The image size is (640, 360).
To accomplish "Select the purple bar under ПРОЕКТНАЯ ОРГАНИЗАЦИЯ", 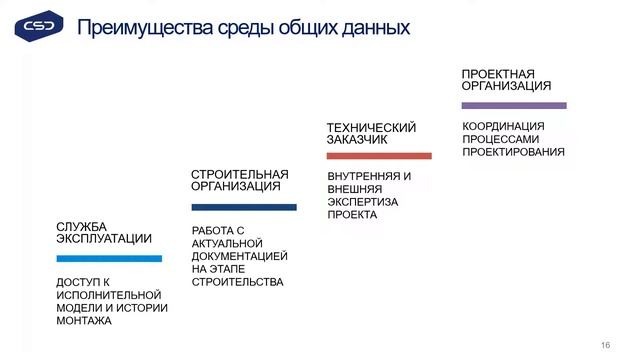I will click(x=514, y=105).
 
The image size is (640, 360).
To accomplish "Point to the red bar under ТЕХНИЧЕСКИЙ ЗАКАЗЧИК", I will click(x=379, y=156).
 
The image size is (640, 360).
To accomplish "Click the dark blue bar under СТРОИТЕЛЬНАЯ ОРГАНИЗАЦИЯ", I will click(x=244, y=208).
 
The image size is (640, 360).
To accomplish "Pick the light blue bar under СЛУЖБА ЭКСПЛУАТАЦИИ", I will click(x=109, y=259).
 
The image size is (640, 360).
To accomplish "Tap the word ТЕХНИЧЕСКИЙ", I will click(x=371, y=127).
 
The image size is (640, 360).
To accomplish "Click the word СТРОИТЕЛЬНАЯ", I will click(x=239, y=174).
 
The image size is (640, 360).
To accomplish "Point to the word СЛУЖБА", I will click(x=81, y=226).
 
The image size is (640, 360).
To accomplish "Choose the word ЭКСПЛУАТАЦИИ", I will click(x=104, y=239).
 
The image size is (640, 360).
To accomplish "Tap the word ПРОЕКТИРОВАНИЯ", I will click(x=513, y=152).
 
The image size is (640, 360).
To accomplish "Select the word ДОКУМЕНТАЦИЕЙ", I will click(x=239, y=256).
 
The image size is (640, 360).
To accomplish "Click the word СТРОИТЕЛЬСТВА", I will click(x=237, y=282).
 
